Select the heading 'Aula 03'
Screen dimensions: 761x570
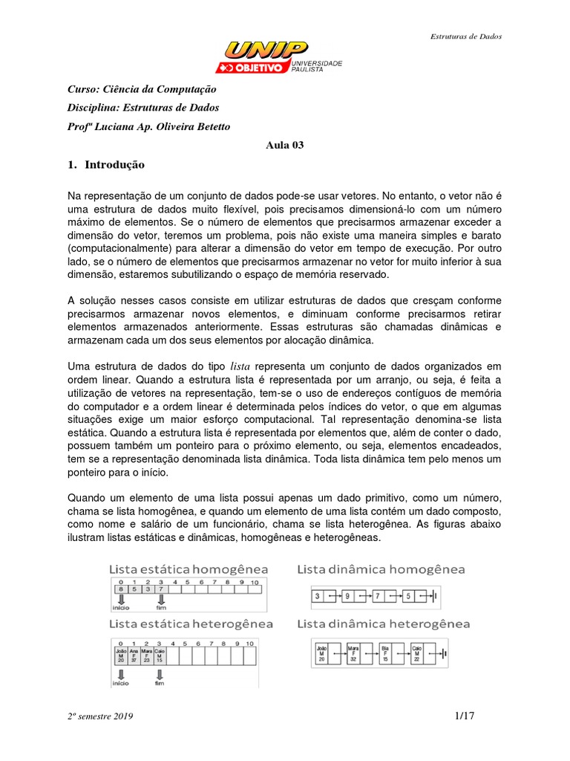coord(284,145)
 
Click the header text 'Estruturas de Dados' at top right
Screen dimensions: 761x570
coord(467,36)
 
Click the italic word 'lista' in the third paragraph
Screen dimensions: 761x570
coord(241,366)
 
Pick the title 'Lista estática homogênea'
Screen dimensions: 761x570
coord(189,569)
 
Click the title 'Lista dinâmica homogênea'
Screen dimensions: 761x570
coord(381,569)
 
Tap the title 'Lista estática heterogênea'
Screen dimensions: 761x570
coord(191,623)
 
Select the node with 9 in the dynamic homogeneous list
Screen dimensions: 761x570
coord(348,596)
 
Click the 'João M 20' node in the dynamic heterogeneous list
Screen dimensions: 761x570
coord(321,654)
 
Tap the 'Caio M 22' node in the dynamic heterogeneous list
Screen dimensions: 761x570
coord(418,654)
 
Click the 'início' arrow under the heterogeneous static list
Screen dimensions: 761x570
coord(119,676)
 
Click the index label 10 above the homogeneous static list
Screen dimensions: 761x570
coord(254,583)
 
